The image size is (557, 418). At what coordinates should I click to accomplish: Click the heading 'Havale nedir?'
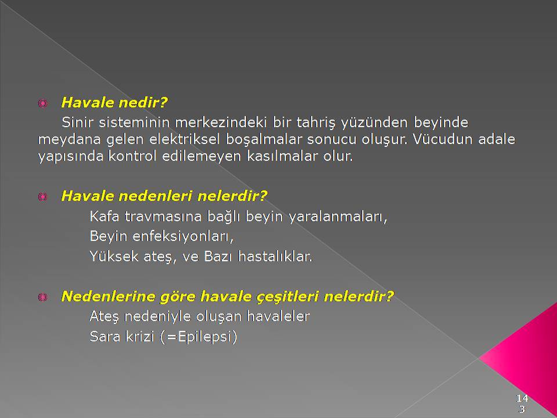coord(114,102)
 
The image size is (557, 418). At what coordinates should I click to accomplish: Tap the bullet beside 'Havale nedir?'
coord(42,103)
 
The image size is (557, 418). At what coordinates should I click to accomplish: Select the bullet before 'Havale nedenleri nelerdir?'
coord(42,197)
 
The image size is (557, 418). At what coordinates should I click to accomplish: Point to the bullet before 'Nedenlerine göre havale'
coord(42,297)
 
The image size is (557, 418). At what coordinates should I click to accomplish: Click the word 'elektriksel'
coord(185,139)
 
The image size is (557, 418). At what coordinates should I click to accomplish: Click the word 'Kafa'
coord(104,216)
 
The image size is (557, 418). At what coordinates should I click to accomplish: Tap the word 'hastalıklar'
coord(275,256)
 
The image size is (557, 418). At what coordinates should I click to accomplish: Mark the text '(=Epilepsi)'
coord(198,337)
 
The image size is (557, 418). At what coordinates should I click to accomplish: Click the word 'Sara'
coord(105,336)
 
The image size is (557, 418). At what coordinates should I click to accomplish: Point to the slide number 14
coord(522,398)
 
